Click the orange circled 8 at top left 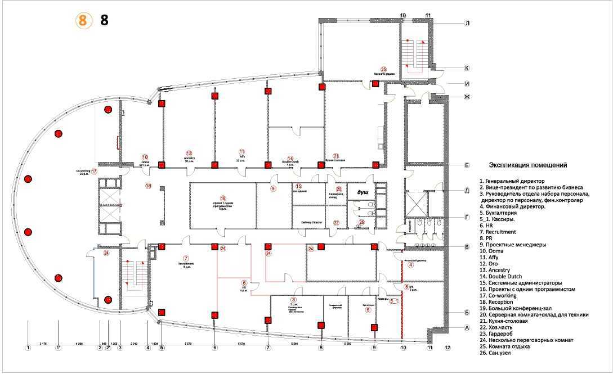pyautogui.click(x=83, y=21)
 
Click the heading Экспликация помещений pyautogui.click(x=527, y=165)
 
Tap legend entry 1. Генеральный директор pyautogui.click(x=512, y=181)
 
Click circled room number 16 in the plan pyautogui.click(x=223, y=198)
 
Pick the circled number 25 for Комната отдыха pyautogui.click(x=384, y=68)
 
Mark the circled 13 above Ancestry pyautogui.click(x=189, y=153)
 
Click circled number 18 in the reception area pyautogui.click(x=149, y=186)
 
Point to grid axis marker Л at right pyautogui.click(x=467, y=24)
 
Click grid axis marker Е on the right pyautogui.click(x=467, y=165)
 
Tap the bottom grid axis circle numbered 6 pyautogui.click(x=214, y=348)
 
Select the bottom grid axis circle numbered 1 pyautogui.click(x=28, y=348)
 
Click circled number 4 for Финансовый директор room pyautogui.click(x=410, y=265)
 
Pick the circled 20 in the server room pyautogui.click(x=339, y=189)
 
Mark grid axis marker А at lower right pyautogui.click(x=467, y=327)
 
